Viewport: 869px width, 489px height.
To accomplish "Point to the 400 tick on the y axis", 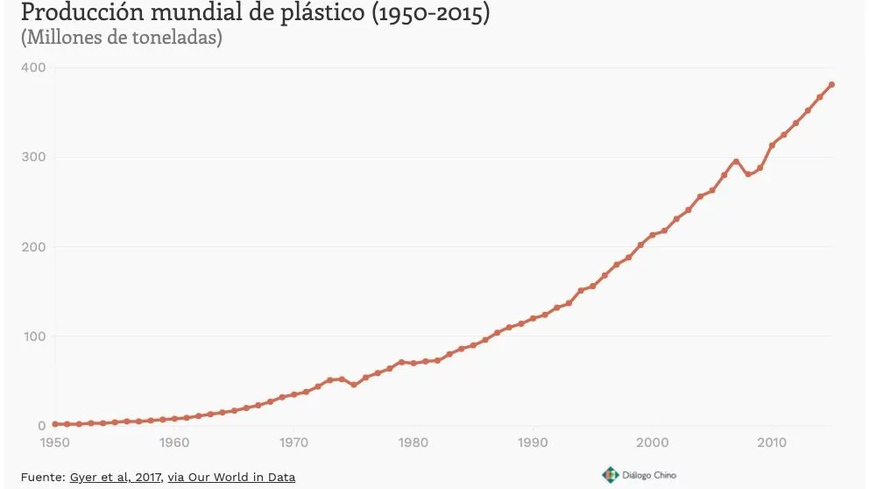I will coord(34,67).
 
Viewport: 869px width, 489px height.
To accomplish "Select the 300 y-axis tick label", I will coord(34,158).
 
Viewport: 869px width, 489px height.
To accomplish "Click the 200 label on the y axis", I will coord(34,247).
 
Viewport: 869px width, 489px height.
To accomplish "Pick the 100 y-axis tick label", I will coord(34,337).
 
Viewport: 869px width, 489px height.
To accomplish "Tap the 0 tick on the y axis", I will coord(40,426).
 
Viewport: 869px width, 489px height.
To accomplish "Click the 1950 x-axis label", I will coord(54,443).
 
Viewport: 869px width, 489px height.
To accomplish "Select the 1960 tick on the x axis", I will coord(174,443).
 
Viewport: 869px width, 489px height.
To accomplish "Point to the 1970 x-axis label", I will coord(293,443).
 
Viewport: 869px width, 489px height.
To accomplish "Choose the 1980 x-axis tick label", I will coord(413,443).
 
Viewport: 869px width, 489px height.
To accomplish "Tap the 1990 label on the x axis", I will coord(533,443).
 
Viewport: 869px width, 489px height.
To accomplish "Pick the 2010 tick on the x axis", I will coord(772,443).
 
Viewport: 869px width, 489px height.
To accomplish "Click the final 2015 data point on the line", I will coord(831,85).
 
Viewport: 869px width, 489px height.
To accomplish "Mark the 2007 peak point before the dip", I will coord(736,161).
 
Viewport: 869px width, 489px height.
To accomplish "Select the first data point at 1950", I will coord(54,424).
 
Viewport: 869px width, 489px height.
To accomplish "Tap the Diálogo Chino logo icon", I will coord(610,475).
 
